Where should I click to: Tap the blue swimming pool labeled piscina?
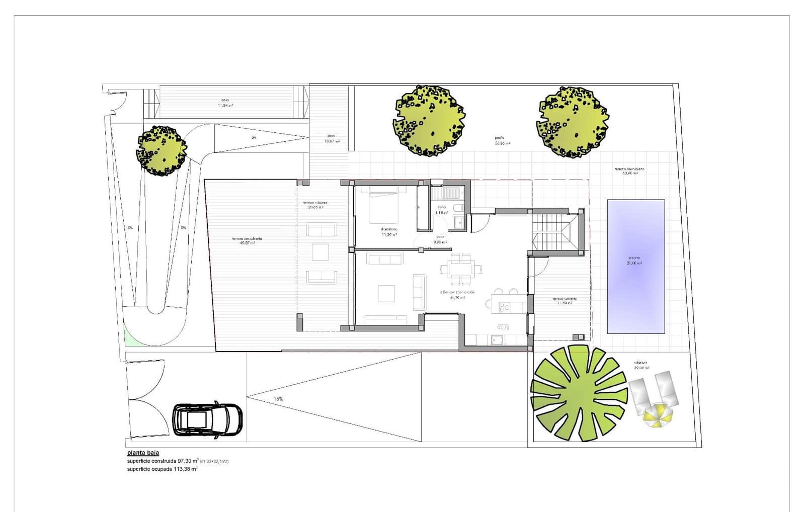coord(635,266)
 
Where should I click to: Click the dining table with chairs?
coord(461,269)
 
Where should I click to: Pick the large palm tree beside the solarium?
coord(579,393)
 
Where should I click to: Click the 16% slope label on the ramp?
coord(278,399)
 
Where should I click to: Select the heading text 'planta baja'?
coord(143,453)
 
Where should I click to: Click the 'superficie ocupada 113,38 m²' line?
coord(162,469)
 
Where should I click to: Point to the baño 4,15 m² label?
coord(441,210)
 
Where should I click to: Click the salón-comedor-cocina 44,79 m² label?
coord(456,295)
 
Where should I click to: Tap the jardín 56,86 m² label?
coord(502,140)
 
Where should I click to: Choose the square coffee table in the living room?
coord(386,293)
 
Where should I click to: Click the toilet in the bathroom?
coord(457,207)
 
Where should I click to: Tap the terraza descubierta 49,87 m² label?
coord(247,240)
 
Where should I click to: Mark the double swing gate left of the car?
coord(146,400)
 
